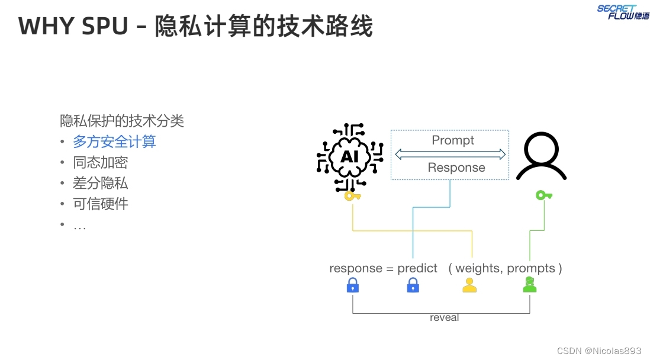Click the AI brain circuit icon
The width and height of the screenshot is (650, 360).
click(350, 156)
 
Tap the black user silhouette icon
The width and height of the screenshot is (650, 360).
click(541, 156)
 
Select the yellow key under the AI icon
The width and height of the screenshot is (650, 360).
click(352, 195)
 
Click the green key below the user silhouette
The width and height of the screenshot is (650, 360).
click(543, 195)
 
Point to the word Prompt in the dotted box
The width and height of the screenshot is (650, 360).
click(453, 140)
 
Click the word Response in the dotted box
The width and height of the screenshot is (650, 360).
click(456, 168)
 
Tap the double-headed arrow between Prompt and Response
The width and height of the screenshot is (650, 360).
click(450, 155)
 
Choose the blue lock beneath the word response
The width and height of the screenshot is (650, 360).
click(353, 287)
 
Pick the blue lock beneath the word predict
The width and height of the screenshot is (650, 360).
click(413, 287)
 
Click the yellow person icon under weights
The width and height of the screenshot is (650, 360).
click(469, 286)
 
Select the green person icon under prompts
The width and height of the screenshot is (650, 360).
click(529, 286)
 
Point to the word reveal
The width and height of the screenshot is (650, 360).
click(444, 318)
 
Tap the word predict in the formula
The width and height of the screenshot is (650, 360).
click(417, 268)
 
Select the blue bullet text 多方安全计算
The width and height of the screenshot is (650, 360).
click(114, 142)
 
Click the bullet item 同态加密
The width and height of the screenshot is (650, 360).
click(101, 163)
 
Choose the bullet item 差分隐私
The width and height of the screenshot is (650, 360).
click(101, 184)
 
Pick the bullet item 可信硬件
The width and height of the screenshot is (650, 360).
click(101, 204)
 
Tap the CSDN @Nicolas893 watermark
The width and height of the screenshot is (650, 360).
click(599, 351)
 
